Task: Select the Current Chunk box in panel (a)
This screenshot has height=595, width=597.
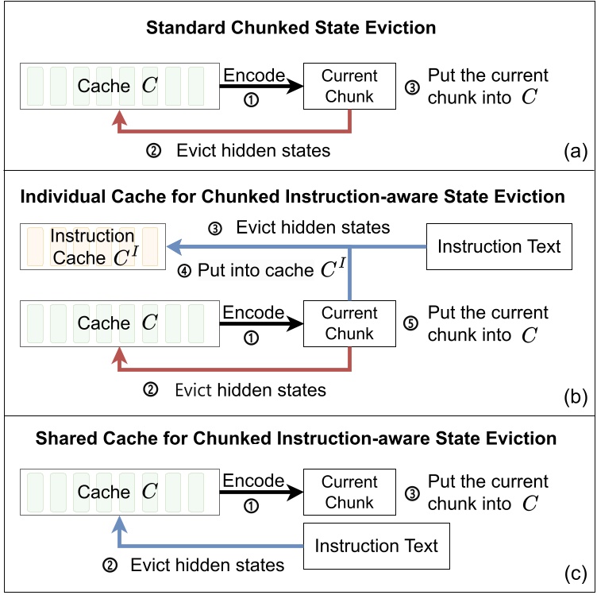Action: pos(349,87)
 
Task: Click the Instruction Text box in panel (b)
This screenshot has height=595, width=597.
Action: pos(499,246)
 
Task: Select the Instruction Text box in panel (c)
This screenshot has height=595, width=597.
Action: pos(376,547)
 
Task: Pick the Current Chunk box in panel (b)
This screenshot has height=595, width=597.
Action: pos(349,324)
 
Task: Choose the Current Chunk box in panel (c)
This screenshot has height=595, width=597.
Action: pos(349,493)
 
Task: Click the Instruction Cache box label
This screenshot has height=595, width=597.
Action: pos(92,247)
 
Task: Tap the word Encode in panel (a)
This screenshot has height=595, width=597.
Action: pos(253,75)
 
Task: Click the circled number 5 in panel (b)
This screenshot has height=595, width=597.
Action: pos(412,324)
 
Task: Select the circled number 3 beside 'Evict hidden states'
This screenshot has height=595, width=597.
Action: pos(215,229)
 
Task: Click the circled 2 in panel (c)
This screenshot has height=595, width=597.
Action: pos(110,566)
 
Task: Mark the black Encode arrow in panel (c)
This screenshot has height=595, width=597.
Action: pos(261,493)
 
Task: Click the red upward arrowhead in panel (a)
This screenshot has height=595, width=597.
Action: pos(119,117)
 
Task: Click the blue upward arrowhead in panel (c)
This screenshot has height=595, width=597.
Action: pos(119,523)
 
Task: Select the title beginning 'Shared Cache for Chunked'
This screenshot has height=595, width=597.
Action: pos(298,439)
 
